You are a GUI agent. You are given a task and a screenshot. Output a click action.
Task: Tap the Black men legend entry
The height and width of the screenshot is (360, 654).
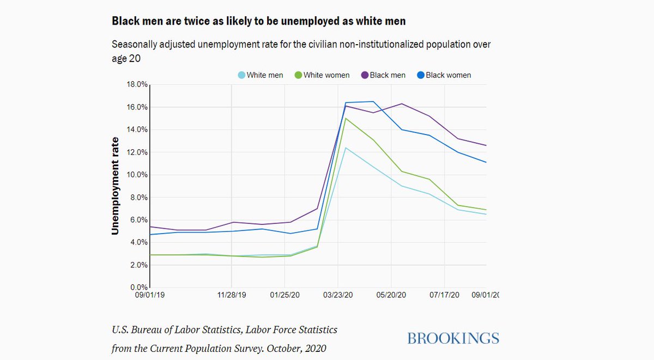384,75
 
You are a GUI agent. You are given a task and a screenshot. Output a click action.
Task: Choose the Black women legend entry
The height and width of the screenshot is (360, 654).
444,75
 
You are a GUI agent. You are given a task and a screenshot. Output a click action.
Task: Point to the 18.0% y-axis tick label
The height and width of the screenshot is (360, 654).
136,84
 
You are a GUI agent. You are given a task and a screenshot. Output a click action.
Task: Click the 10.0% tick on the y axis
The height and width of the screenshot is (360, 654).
136,175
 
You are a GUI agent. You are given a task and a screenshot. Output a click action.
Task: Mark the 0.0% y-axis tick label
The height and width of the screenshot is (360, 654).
138,288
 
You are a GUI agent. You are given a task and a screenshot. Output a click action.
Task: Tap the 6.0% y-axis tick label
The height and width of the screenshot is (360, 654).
138,220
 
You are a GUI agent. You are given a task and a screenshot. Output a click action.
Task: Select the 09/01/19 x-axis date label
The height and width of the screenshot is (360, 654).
149,295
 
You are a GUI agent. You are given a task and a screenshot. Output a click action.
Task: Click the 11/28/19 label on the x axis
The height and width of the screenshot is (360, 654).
232,295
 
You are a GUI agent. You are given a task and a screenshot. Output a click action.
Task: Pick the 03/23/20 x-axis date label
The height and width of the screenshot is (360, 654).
338,295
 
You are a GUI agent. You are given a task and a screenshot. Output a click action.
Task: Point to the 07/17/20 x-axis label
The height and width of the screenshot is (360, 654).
445,295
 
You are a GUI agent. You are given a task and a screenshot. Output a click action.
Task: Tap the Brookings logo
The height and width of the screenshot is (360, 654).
453,338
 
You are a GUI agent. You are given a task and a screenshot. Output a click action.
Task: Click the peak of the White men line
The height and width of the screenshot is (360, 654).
345,148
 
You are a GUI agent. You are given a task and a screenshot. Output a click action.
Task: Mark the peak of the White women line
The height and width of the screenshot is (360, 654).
346,118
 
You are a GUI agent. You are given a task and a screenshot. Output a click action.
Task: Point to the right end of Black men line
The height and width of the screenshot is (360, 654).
486,145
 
